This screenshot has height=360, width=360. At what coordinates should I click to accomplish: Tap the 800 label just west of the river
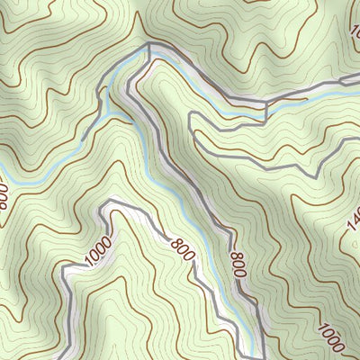[x=181, y=247]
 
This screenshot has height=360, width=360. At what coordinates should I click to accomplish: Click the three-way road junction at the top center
[x=149, y=45]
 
